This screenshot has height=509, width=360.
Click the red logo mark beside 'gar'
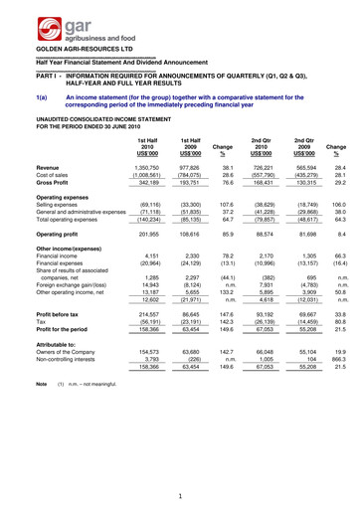pyautogui.click(x=22, y=23)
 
